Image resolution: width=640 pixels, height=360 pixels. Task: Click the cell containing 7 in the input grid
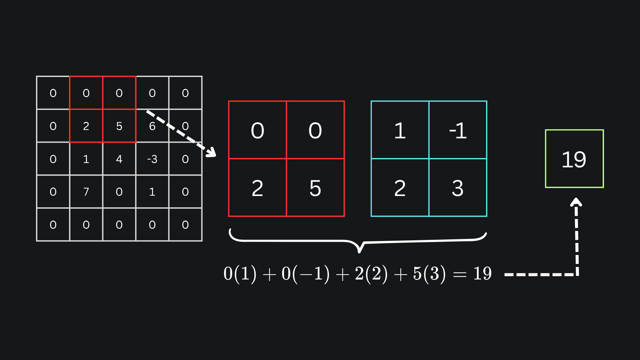coord(86,192)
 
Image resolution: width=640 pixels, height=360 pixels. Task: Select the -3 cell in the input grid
coord(152,159)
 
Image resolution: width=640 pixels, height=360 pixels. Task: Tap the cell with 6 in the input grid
coord(152,126)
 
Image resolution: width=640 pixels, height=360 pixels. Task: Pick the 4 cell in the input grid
coord(119,159)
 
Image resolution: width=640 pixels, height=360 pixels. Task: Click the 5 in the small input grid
coord(119,126)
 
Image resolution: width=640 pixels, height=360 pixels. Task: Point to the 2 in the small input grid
coord(86,126)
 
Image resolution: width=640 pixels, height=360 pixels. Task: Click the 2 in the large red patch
coord(257,188)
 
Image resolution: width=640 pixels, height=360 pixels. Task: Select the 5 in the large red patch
coord(315,188)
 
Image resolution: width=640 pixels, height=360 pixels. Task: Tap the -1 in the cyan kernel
coord(458,130)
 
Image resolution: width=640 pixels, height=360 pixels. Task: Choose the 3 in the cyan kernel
coord(458,188)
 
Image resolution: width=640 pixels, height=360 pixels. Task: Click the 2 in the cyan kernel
coord(400,188)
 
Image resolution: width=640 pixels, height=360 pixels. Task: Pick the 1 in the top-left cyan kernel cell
coord(400,130)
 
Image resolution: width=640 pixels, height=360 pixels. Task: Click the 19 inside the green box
coord(574,159)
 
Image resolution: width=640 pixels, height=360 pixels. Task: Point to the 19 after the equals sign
coord(482,274)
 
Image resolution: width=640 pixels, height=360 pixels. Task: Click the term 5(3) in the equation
coord(429,274)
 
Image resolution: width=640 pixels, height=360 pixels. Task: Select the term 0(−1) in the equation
coord(305,274)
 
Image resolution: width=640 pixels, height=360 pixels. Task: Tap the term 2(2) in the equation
coord(371,274)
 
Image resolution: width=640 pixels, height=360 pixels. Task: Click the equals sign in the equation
coord(460,274)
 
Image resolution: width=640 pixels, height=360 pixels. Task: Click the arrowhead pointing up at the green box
coord(576,202)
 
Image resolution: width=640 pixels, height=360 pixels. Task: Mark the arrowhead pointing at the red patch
coord(211,153)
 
